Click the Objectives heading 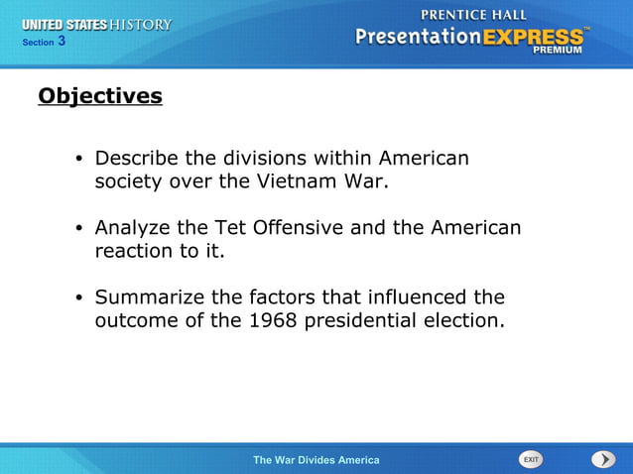(x=99, y=96)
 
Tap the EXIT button (x=531, y=459)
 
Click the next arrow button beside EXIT (x=603, y=459)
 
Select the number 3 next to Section (x=62, y=41)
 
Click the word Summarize (x=149, y=297)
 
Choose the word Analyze (x=131, y=228)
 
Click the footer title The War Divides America (x=316, y=460)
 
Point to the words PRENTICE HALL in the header (x=475, y=15)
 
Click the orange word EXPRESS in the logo (x=534, y=37)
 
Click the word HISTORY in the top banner (x=141, y=24)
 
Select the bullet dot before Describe (x=78, y=160)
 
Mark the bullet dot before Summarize (x=78, y=298)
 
